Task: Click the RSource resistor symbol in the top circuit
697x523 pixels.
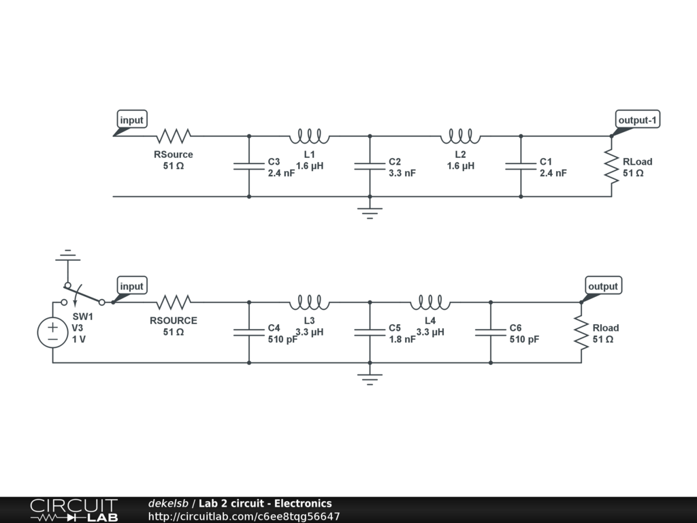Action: click(x=173, y=135)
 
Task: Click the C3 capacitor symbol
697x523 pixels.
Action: click(x=249, y=166)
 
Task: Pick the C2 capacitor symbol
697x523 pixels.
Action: click(x=370, y=166)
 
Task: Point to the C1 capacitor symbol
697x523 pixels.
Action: click(x=521, y=166)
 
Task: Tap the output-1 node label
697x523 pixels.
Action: click(x=638, y=121)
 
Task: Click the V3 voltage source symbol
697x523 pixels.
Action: click(x=52, y=333)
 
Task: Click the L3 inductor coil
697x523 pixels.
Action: click(x=310, y=302)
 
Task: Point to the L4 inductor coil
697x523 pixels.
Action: click(x=430, y=302)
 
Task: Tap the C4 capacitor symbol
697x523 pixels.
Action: click(x=249, y=332)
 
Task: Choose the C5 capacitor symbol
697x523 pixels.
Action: click(x=370, y=332)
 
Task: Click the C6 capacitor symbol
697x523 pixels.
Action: click(x=491, y=332)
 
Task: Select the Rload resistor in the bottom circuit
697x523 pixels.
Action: click(x=581, y=332)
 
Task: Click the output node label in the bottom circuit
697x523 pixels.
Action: click(x=602, y=286)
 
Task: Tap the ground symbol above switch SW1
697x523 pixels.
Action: click(x=66, y=256)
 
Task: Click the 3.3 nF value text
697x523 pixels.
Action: click(x=402, y=173)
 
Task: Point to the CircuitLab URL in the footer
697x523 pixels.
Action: click(x=244, y=516)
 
